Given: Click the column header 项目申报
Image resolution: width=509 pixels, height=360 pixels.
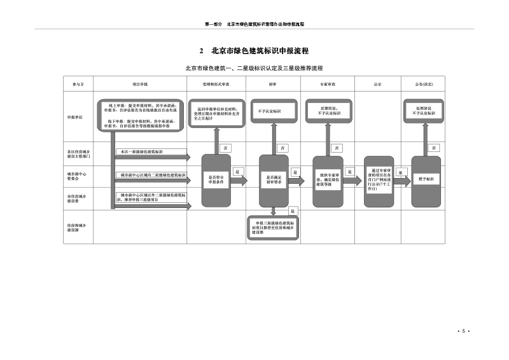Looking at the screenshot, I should [x=140, y=83].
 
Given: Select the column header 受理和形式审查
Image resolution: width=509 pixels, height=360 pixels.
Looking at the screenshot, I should [x=216, y=83].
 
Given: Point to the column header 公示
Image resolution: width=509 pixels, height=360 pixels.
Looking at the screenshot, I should [x=377, y=83].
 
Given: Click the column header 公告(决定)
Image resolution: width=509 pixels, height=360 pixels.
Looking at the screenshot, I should [x=424, y=83].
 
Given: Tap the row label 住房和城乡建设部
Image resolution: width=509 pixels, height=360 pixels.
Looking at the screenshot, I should [x=75, y=227].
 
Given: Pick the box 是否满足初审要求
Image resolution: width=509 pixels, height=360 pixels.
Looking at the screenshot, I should [x=274, y=180].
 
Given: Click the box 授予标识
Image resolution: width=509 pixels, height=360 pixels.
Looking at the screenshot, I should [x=426, y=179].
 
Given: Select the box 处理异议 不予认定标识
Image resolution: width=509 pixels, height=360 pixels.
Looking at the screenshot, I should [x=426, y=111].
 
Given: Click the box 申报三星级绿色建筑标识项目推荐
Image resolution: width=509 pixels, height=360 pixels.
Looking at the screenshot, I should [x=274, y=228].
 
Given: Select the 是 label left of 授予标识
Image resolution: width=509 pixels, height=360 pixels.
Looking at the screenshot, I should [x=400, y=172].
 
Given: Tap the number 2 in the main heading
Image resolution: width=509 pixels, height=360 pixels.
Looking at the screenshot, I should [x=201, y=51].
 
